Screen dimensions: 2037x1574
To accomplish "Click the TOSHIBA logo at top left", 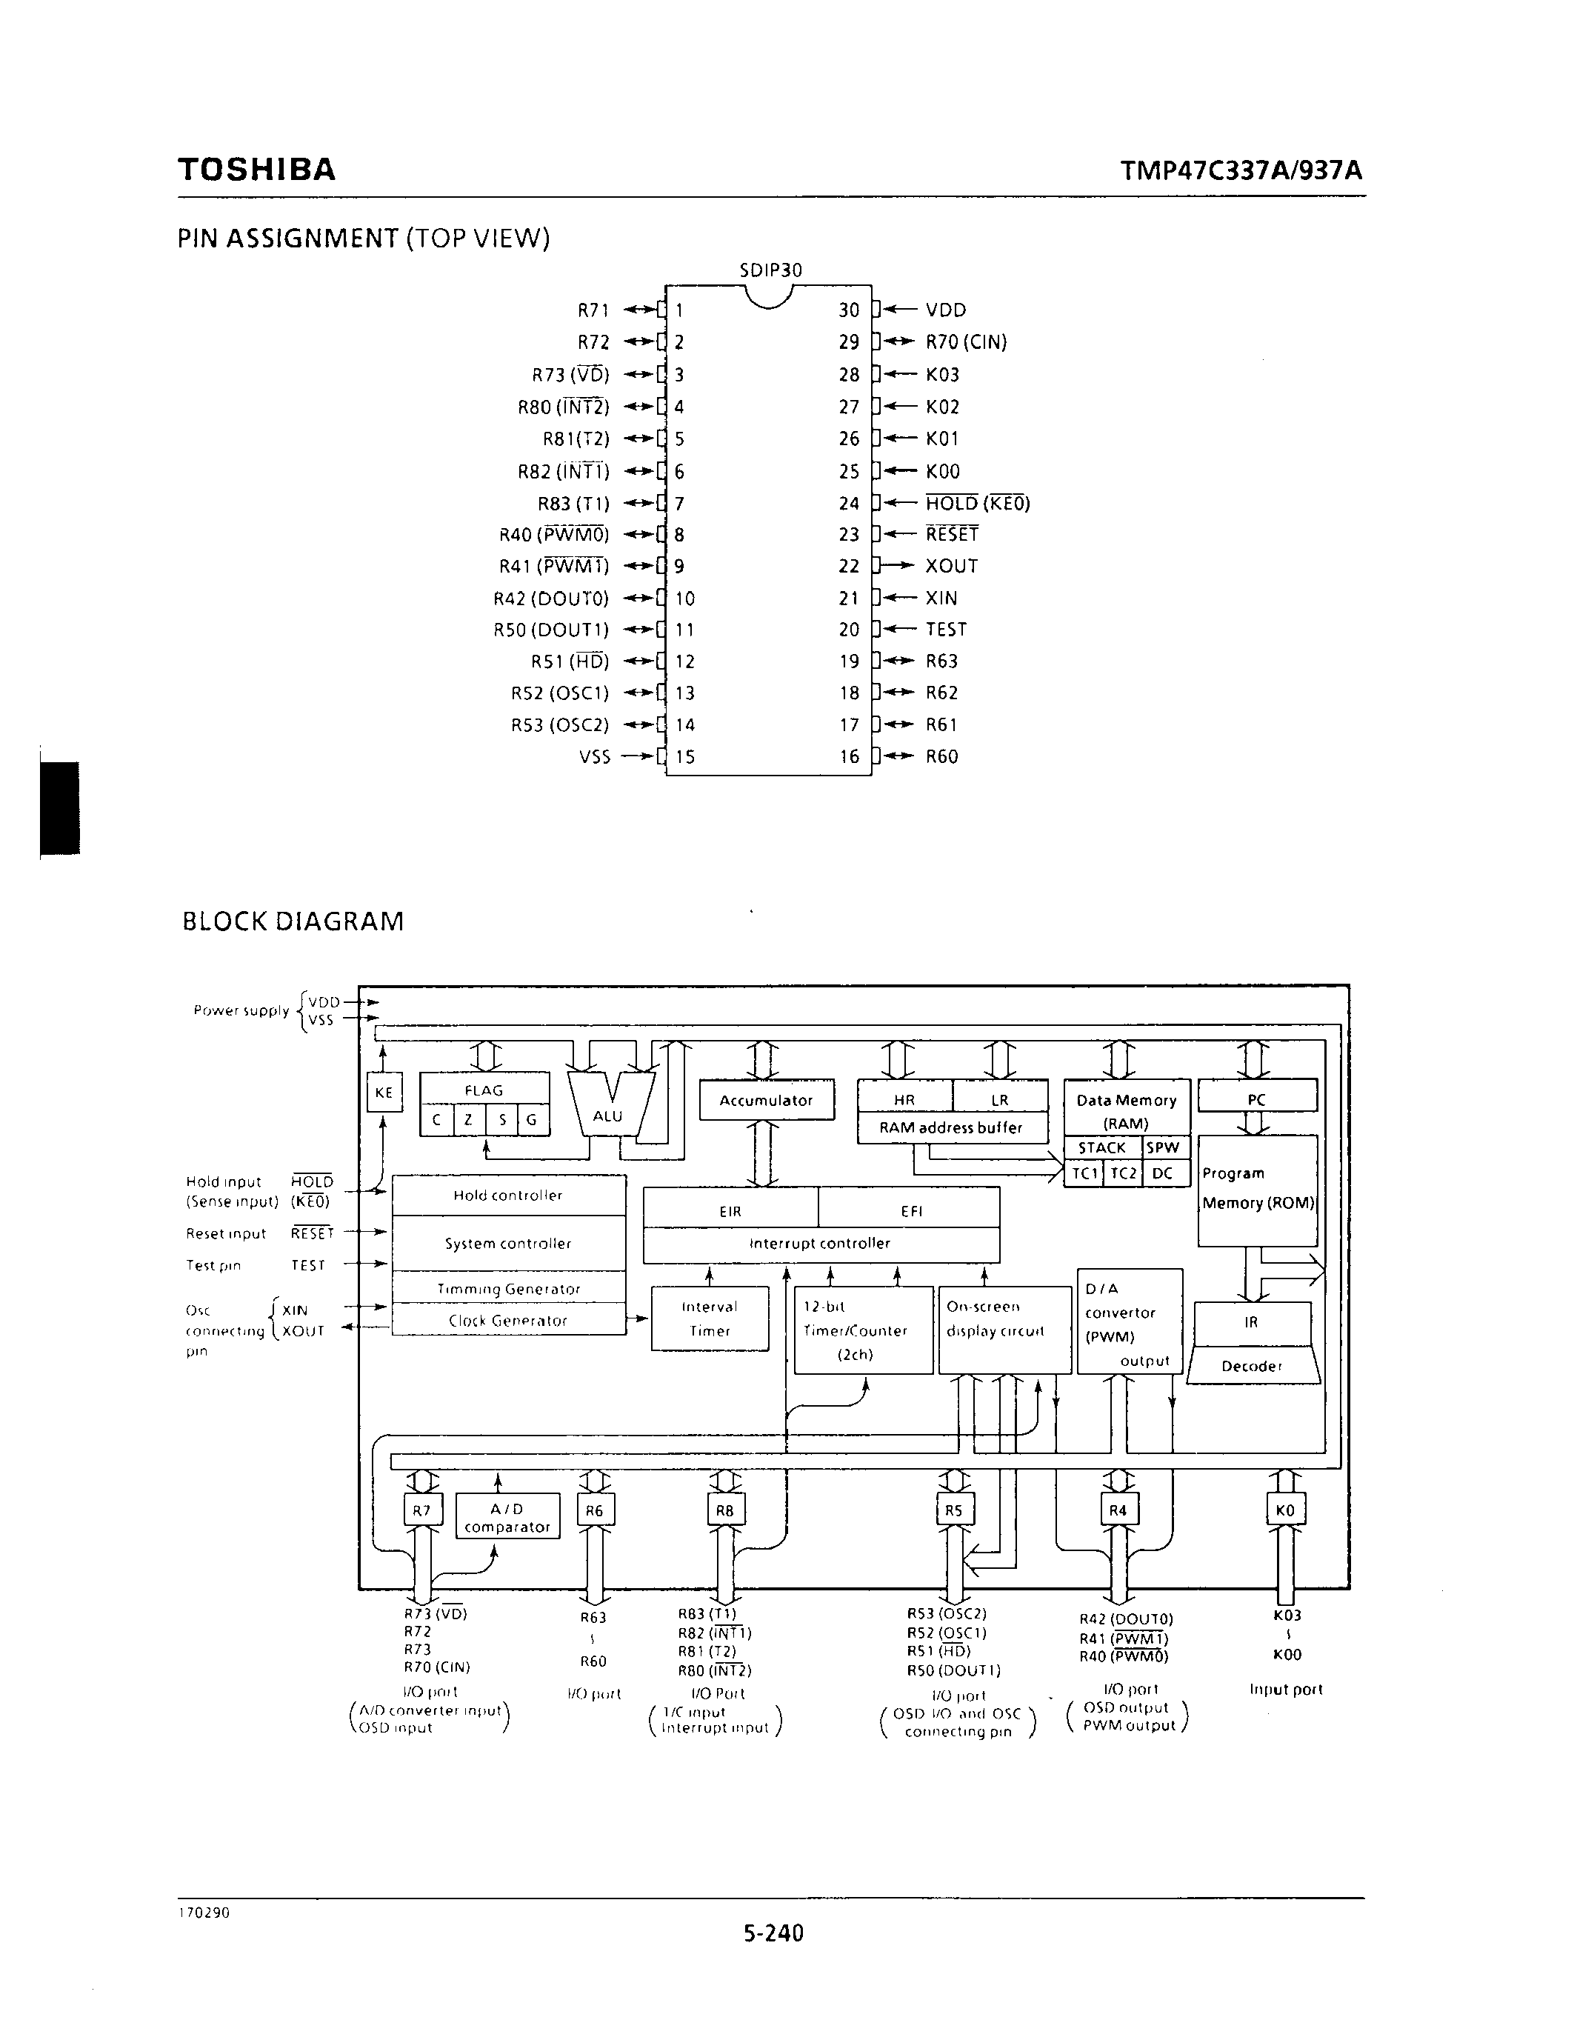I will click(x=256, y=170).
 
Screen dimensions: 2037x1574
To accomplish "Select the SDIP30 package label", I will click(x=770, y=270).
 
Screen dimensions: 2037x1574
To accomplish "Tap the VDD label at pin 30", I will click(x=946, y=310).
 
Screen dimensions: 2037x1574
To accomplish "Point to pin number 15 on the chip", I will click(x=685, y=757).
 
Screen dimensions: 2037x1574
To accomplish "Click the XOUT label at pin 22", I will click(x=951, y=566).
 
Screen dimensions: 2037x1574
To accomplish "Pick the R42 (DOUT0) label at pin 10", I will click(x=551, y=599).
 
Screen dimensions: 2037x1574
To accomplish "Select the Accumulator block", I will click(x=766, y=1101).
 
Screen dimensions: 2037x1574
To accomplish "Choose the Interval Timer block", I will click(x=710, y=1318).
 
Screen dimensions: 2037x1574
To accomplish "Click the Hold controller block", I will click(x=508, y=1196).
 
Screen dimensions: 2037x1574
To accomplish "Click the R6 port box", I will click(x=595, y=1510).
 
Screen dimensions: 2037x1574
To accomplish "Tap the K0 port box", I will click(x=1285, y=1510).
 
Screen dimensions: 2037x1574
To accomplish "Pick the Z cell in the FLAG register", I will click(x=468, y=1120).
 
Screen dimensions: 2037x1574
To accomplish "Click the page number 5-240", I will click(x=773, y=1933).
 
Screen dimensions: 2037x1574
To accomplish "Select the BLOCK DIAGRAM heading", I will click(x=293, y=921).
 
